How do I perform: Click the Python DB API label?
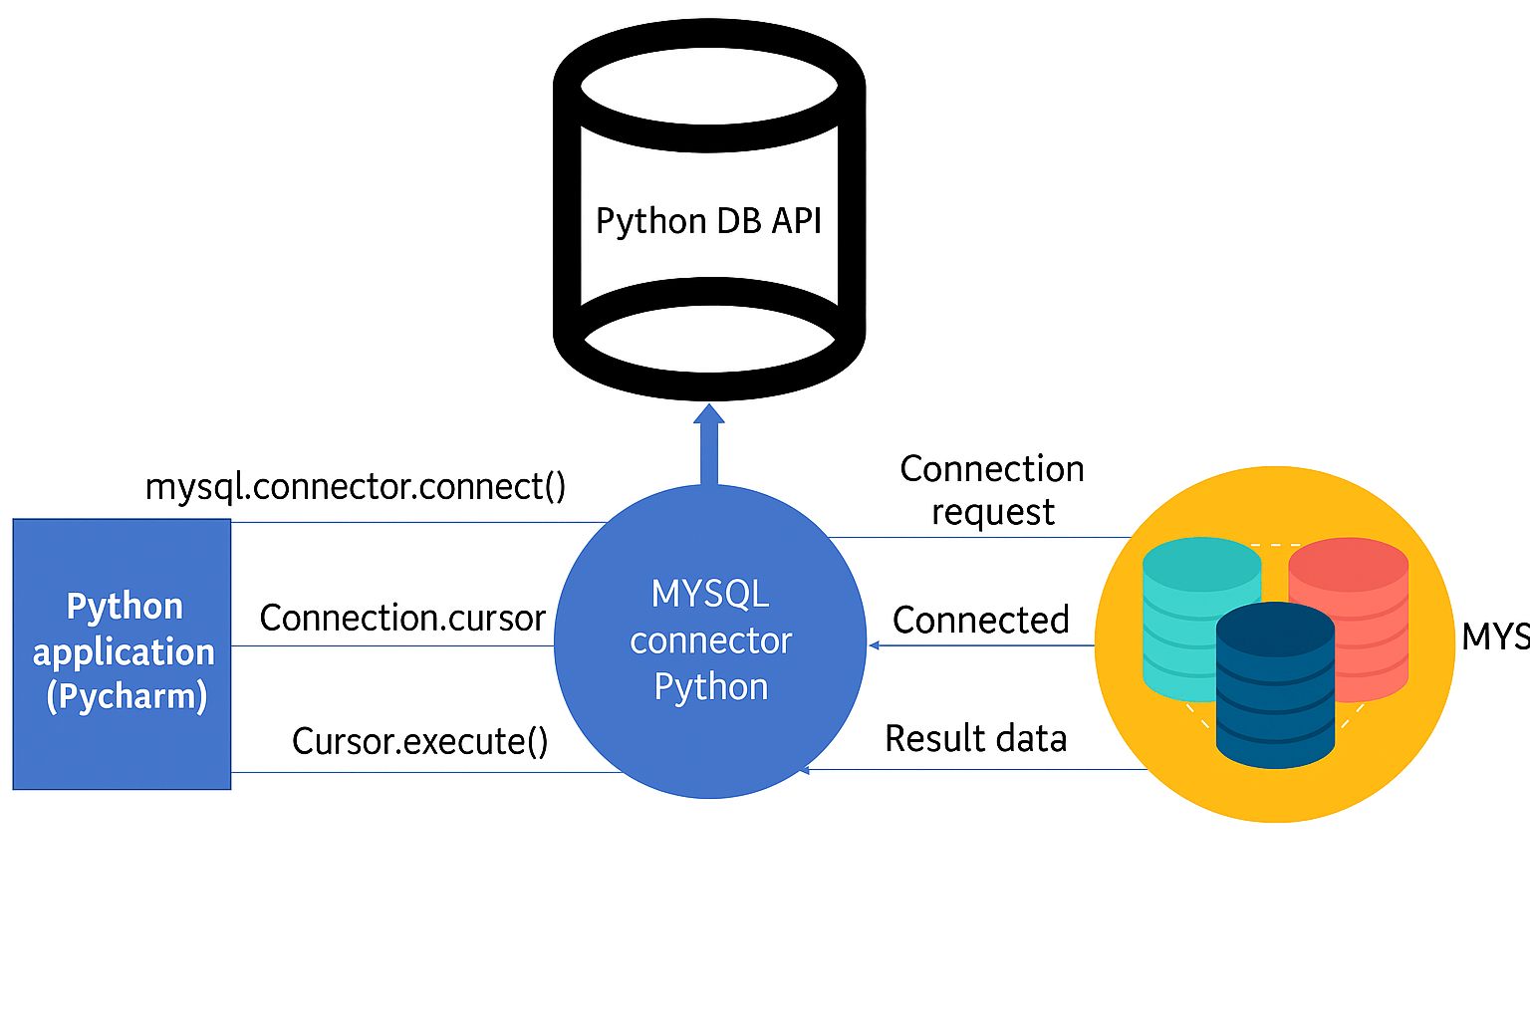(x=708, y=220)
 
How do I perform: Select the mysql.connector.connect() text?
(x=356, y=487)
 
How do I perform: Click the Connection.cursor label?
(x=402, y=619)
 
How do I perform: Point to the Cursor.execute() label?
(x=419, y=742)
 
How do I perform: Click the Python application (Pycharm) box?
(x=123, y=653)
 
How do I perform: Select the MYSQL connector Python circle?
(x=710, y=641)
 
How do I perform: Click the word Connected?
(x=981, y=621)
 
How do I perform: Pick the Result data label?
(x=976, y=739)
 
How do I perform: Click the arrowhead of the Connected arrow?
(x=874, y=645)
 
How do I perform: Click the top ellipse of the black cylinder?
(x=709, y=86)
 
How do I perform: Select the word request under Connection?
(x=993, y=513)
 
